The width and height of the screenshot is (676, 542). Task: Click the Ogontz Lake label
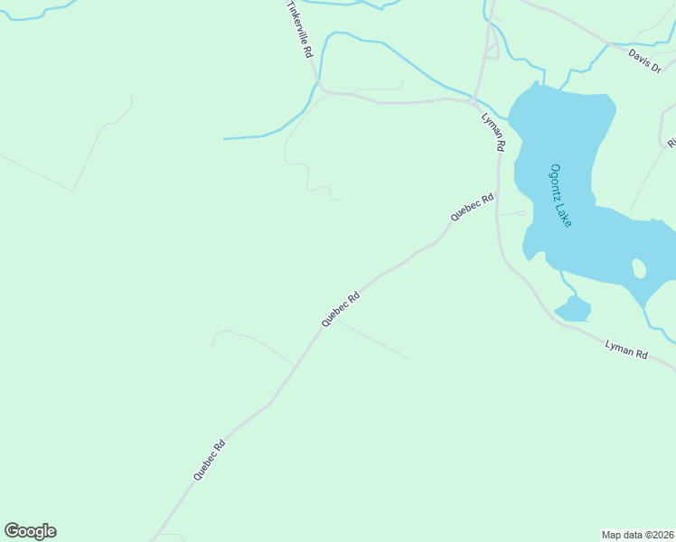561,195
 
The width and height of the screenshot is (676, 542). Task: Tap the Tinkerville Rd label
299,29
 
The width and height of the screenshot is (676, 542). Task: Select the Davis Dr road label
645,61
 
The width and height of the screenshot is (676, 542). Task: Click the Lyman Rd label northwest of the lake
493,131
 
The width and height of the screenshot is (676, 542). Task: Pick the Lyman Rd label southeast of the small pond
626,350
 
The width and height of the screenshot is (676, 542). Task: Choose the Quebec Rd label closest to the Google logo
209,459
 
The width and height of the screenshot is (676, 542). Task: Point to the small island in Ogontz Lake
639,268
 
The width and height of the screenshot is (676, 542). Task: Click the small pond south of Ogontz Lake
573,309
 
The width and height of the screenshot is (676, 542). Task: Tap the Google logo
30,531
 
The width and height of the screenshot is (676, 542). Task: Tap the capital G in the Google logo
13,531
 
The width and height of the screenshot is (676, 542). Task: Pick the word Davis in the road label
640,57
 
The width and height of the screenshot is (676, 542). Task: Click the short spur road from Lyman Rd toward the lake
513,213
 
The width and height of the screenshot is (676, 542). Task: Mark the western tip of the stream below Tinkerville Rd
224,139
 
